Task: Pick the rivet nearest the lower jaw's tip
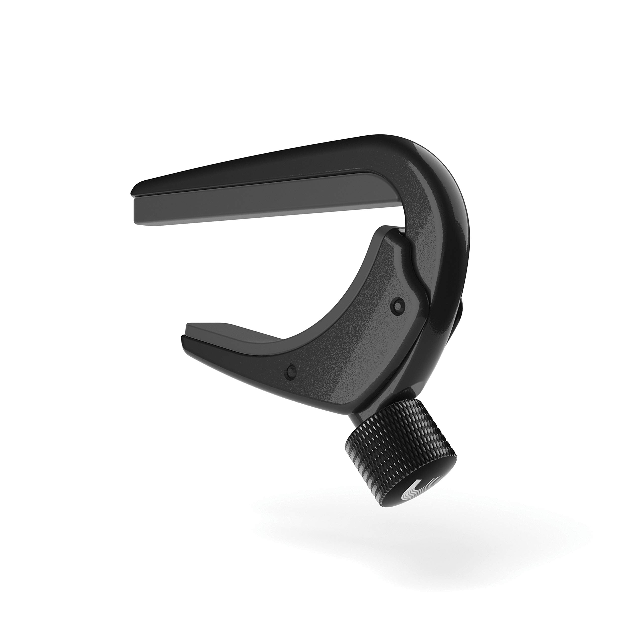(292, 370)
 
